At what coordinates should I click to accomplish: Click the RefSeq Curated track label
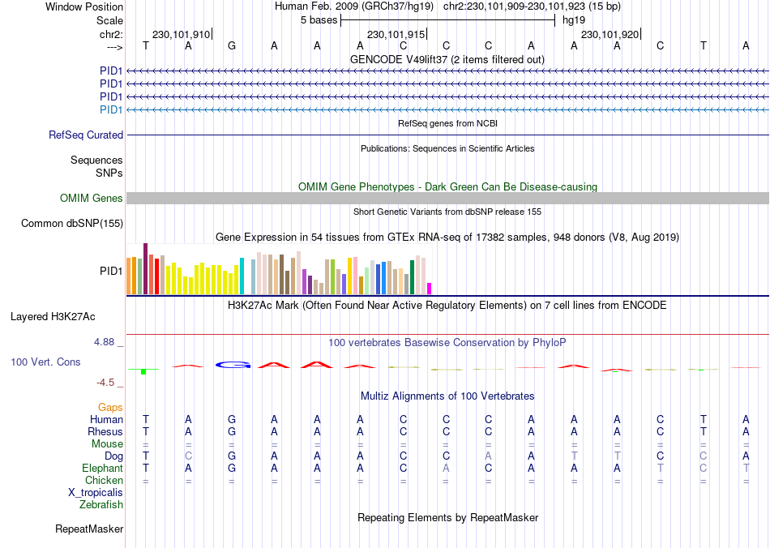click(x=86, y=135)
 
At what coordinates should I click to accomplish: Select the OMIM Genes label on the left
click(x=92, y=199)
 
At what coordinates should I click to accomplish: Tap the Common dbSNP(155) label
click(x=72, y=224)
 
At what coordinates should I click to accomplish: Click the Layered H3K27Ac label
click(x=53, y=316)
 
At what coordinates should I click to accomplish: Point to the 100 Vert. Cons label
click(x=45, y=362)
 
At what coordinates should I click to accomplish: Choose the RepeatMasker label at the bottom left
click(x=89, y=529)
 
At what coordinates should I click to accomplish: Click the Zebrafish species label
click(x=101, y=505)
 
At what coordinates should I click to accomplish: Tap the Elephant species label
click(x=102, y=469)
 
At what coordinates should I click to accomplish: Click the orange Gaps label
click(x=110, y=407)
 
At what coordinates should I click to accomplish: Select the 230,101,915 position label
click(x=396, y=34)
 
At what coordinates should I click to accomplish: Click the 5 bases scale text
click(x=315, y=19)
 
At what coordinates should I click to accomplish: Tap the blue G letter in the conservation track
click(x=233, y=365)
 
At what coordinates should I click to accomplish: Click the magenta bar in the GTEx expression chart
click(x=430, y=288)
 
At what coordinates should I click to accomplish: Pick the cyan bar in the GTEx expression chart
click(x=242, y=276)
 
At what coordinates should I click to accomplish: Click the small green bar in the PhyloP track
click(x=143, y=371)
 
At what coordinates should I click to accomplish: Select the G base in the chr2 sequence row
click(x=232, y=45)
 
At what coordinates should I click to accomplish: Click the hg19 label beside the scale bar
click(x=573, y=19)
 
